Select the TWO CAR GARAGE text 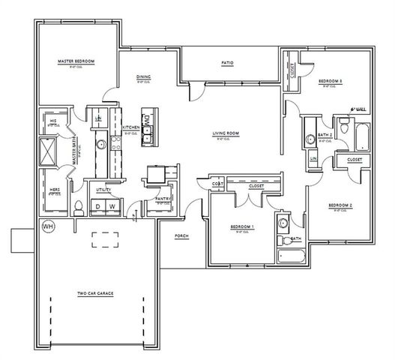pos(95,293)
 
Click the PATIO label pos(226,63)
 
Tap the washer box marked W pos(112,206)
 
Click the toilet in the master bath pos(78,205)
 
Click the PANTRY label pos(163,199)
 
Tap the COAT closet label pos(217,184)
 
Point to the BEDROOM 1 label pos(241,227)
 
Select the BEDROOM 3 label pos(330,81)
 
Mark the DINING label pos(144,77)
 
